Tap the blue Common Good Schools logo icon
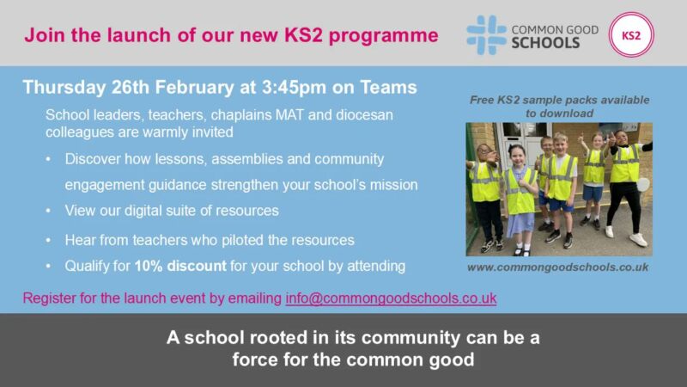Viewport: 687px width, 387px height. click(x=486, y=35)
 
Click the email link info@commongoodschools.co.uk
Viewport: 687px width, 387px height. click(x=391, y=298)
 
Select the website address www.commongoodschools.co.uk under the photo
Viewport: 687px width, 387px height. click(x=558, y=267)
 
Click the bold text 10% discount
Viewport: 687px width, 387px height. click(x=179, y=266)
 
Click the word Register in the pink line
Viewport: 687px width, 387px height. click(x=47, y=298)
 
